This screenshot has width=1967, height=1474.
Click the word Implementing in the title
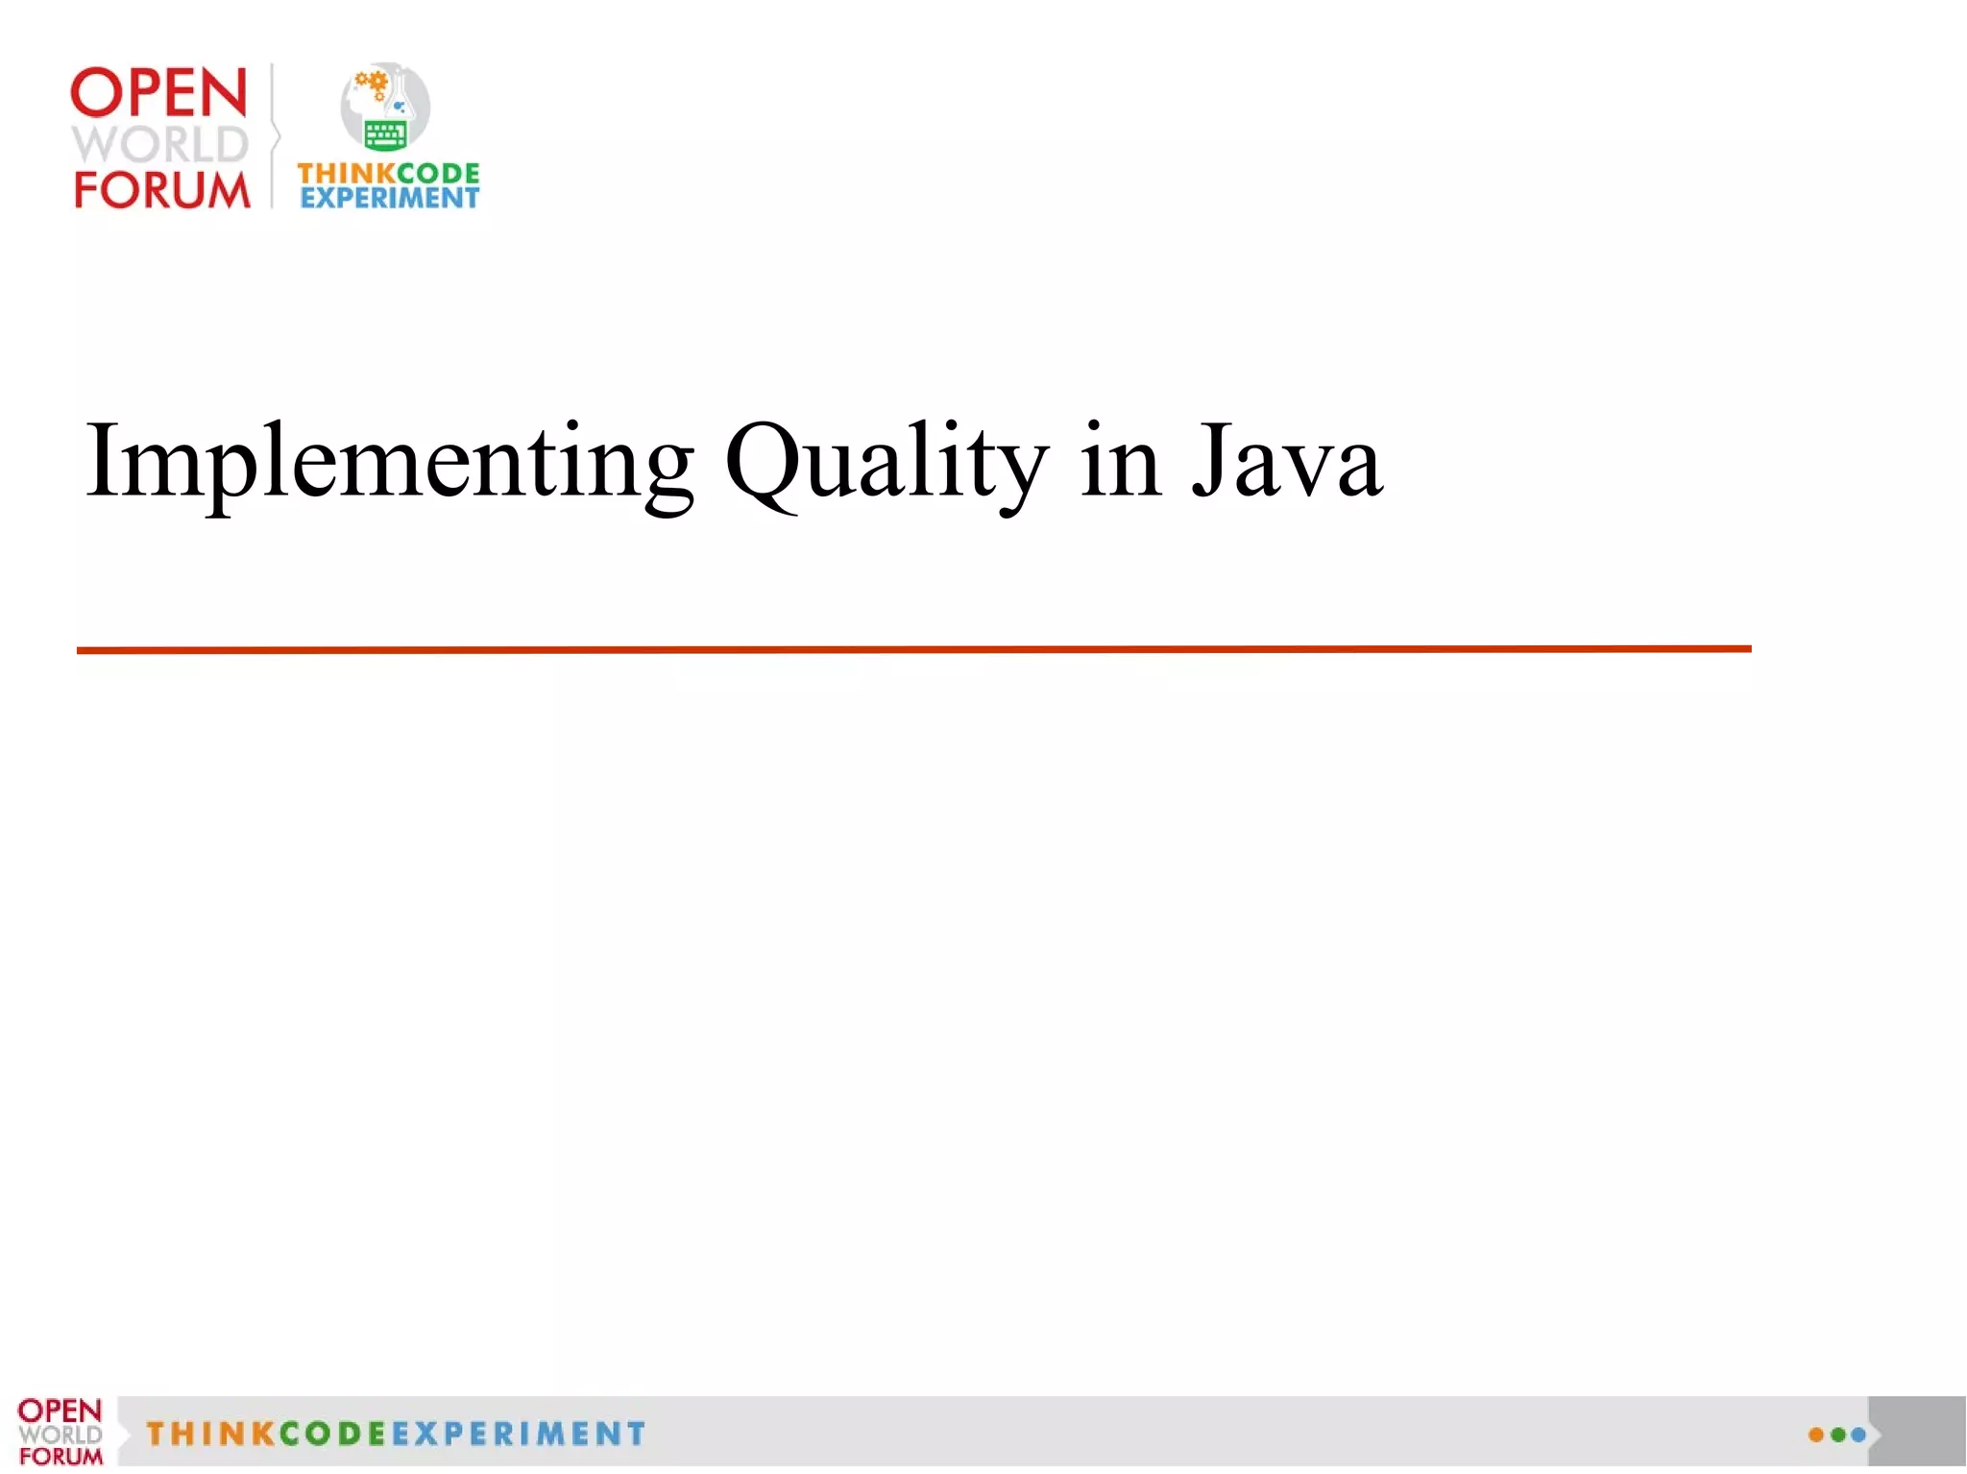point(389,463)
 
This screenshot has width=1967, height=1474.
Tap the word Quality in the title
point(886,463)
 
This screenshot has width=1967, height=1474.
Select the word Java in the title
point(1287,463)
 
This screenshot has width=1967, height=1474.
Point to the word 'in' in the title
point(1120,463)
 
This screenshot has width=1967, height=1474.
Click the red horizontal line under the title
point(912,650)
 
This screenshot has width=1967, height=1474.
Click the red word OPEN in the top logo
point(159,93)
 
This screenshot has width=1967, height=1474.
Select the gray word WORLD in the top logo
point(160,144)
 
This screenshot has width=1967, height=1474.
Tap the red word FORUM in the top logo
point(161,190)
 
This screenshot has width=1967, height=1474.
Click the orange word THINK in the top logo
point(346,174)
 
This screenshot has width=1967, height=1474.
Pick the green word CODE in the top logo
point(438,174)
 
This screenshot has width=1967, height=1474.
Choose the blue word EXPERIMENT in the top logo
point(389,198)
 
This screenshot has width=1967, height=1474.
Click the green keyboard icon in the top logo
point(385,134)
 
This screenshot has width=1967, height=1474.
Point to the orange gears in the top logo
point(372,85)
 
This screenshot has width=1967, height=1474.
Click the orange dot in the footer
point(1815,1435)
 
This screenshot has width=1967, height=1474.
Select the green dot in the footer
point(1837,1435)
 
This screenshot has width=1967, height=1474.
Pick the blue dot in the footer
point(1858,1435)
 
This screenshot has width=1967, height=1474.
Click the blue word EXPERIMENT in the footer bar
point(519,1434)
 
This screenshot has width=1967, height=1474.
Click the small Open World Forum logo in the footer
point(60,1432)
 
